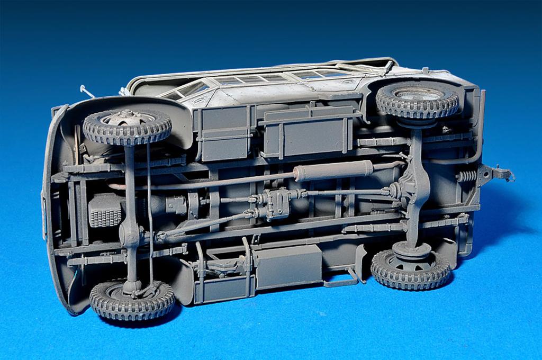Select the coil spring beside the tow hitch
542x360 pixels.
tap(466, 176)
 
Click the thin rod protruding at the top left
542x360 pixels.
tap(87, 91)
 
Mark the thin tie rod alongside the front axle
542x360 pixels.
tap(149, 212)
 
